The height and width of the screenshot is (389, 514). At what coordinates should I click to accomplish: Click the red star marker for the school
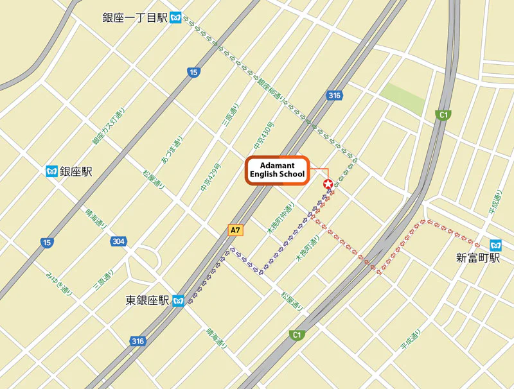click(x=328, y=185)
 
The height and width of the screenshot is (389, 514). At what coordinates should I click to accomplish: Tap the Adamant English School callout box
click(x=278, y=170)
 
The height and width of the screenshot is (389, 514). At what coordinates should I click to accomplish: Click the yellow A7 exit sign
click(x=236, y=230)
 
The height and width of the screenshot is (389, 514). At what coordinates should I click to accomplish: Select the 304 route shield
click(x=118, y=241)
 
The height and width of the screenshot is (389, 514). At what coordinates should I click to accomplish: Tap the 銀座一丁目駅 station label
click(x=135, y=18)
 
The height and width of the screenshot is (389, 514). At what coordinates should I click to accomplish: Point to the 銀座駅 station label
click(x=76, y=171)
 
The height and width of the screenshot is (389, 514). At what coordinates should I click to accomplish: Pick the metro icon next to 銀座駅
click(x=52, y=171)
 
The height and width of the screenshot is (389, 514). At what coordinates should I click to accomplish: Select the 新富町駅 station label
click(x=478, y=259)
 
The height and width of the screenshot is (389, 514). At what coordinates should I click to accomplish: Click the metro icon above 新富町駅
click(x=495, y=245)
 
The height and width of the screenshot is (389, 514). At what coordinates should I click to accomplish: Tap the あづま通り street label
click(x=172, y=150)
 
